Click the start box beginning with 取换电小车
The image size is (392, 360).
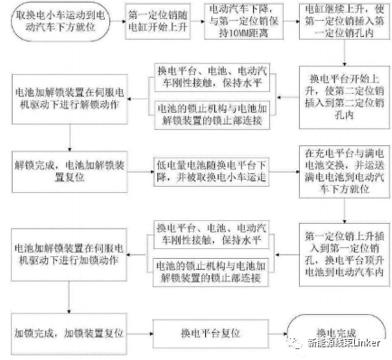pyautogui.click(x=60, y=24)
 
